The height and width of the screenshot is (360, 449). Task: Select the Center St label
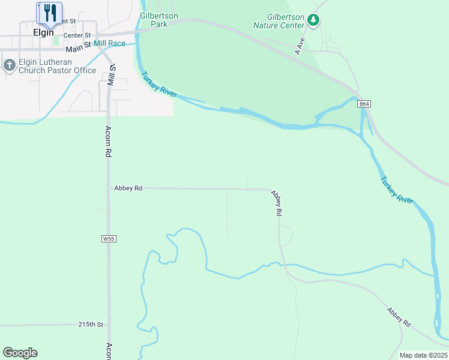pos(76,35)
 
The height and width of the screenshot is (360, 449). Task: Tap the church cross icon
pos(9,65)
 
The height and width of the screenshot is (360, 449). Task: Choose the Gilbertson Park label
pos(154,20)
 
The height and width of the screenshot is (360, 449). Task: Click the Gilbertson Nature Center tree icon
pos(313,20)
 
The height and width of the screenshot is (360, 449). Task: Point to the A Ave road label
pos(300,47)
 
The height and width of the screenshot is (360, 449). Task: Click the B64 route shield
pos(364,104)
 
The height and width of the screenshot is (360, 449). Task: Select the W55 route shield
pos(109,239)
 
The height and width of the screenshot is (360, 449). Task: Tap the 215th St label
pos(91,325)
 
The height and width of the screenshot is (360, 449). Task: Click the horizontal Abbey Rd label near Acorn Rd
pos(128,188)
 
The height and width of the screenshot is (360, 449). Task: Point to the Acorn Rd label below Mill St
pos(109,142)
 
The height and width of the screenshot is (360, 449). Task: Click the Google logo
pos(20,353)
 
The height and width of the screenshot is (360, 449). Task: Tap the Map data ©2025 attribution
pos(423,355)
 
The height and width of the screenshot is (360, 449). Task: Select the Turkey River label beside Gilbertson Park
pos(159,85)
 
